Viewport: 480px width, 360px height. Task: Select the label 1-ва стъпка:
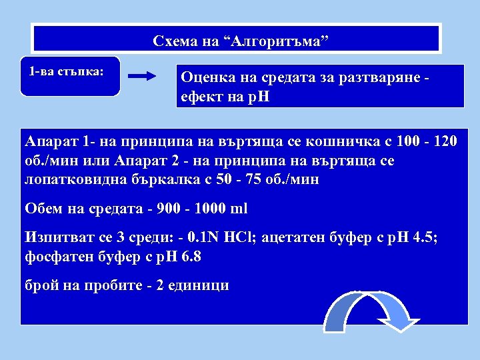pos(66,71)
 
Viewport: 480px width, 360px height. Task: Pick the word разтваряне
pos(379,78)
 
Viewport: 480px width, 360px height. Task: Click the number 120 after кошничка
pos(445,142)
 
